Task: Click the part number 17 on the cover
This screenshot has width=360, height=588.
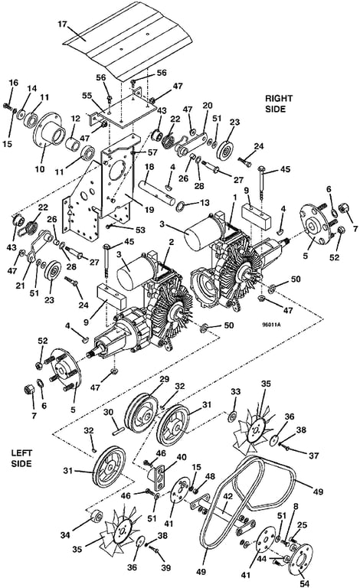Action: tap(62, 24)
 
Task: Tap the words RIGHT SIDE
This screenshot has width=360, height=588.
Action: tap(279, 103)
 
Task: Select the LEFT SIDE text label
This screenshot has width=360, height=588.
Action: tap(21, 458)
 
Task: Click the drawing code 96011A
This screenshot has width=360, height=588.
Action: tap(272, 325)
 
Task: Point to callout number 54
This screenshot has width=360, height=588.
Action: tap(305, 583)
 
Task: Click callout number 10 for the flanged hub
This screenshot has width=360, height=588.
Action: tap(40, 168)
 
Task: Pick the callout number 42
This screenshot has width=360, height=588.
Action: tap(228, 497)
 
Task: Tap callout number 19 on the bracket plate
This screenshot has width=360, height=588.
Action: tap(149, 210)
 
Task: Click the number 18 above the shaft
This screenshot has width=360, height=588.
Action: tap(149, 167)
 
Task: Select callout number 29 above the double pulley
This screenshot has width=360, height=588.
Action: tap(164, 380)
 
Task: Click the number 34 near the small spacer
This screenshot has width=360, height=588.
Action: tap(65, 534)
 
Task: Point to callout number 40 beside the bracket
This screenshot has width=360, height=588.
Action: tap(181, 457)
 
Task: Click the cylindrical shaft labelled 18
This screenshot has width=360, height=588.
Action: tap(156, 192)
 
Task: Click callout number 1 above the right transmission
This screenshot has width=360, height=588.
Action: tap(234, 198)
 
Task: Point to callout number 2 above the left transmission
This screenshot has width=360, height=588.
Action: tap(172, 242)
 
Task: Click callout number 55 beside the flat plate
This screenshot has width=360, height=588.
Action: tap(87, 96)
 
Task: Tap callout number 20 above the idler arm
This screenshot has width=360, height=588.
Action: tap(208, 106)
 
